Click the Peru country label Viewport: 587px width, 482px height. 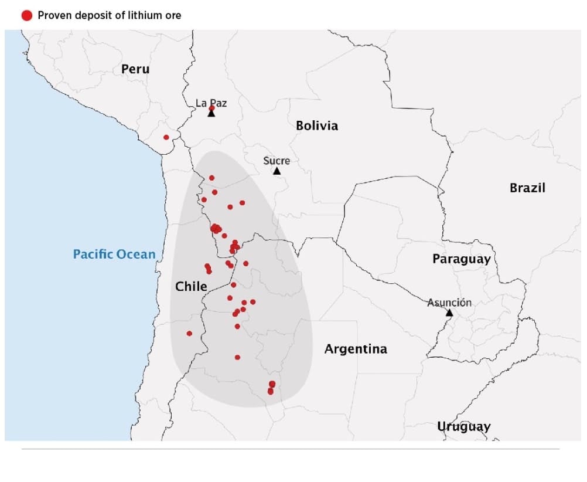tap(135, 69)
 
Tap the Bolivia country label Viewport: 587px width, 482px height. tap(316, 125)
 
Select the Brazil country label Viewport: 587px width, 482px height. tap(527, 188)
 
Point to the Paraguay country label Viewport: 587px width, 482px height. tap(461, 259)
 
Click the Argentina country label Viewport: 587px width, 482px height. tap(356, 349)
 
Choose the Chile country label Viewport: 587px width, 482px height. tap(191, 286)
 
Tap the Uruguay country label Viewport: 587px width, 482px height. tap(463, 426)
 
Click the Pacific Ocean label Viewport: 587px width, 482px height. tap(114, 254)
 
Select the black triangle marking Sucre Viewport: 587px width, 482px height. tap(277, 171)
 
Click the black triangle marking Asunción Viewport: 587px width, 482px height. tap(449, 313)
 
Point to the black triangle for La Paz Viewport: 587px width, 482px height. tap(211, 113)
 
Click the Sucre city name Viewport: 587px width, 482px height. tap(277, 160)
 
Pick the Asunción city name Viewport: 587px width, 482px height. tap(449, 303)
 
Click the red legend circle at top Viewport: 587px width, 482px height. tap(27, 15)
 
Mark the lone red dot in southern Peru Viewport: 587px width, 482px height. tap(166, 137)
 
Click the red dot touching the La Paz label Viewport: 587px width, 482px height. tap(211, 108)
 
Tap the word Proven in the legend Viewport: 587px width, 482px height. tap(53, 15)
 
